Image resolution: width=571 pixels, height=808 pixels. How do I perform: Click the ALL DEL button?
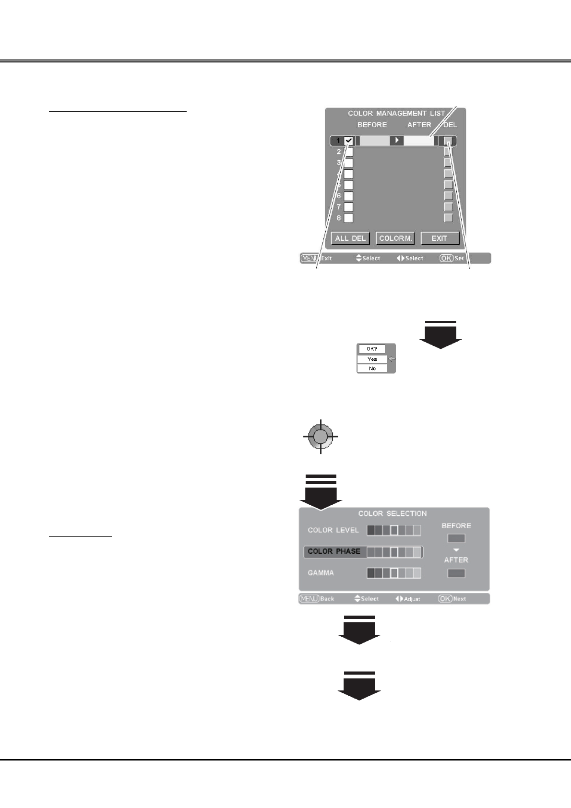click(x=350, y=238)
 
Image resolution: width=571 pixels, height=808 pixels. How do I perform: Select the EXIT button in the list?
click(x=440, y=238)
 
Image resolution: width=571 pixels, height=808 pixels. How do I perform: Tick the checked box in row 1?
click(x=349, y=141)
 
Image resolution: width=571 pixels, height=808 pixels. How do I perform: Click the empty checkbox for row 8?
click(x=349, y=218)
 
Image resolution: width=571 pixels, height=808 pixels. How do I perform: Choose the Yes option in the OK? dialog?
click(x=372, y=359)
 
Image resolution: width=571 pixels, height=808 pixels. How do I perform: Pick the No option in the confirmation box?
click(x=372, y=368)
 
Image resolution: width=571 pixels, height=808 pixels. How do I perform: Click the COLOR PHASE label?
click(x=334, y=551)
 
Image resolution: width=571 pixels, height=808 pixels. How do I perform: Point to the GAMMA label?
click(x=321, y=573)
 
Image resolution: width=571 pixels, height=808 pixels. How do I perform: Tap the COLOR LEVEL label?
click(x=333, y=530)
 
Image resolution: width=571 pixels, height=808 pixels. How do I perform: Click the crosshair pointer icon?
click(x=321, y=437)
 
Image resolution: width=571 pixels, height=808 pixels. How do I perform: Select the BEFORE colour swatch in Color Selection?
click(x=456, y=538)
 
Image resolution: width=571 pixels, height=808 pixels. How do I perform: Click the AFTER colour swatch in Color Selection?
click(x=456, y=573)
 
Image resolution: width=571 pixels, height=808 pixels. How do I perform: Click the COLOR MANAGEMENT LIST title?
click(x=396, y=113)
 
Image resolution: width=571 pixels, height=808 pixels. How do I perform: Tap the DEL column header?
click(x=450, y=125)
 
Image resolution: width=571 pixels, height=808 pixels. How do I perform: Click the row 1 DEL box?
click(x=448, y=141)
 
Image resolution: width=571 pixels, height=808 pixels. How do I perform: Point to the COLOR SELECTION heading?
click(x=393, y=513)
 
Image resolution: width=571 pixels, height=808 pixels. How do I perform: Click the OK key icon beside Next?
click(x=445, y=599)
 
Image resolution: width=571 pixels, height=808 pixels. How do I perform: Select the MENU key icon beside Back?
click(x=309, y=599)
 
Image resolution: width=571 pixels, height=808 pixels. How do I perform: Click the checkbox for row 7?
click(x=349, y=207)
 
